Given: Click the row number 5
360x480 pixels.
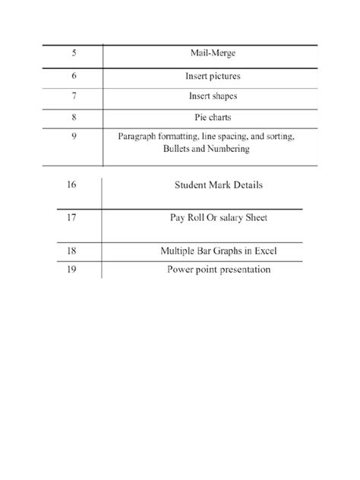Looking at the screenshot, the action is [x=74, y=54].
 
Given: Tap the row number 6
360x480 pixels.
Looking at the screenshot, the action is [x=74, y=76].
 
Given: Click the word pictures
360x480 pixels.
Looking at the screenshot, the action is [x=225, y=76].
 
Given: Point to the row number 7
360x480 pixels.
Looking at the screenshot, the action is [x=74, y=96].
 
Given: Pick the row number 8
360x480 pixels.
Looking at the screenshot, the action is [x=74, y=118].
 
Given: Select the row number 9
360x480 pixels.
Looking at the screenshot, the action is [x=74, y=137].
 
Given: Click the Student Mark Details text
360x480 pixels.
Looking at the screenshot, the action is [x=218, y=185].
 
